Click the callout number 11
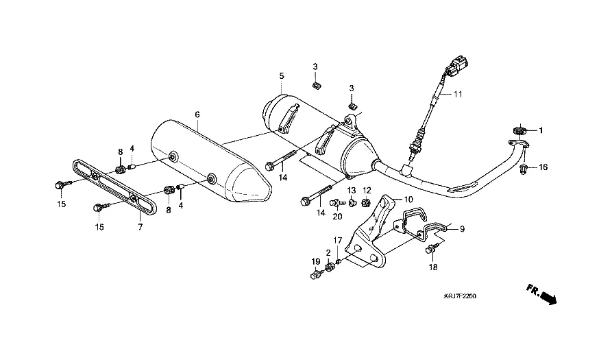pos(458,94)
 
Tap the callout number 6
pos(197,115)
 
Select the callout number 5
pos(281,75)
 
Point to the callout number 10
pos(409,199)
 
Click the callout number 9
pos(461,229)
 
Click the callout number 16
pos(543,167)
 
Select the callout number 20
pos(337,217)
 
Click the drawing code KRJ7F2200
pos(459,296)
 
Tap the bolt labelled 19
pos(316,275)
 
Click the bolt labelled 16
pos(524,168)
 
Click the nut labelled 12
pos(366,204)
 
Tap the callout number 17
pos(337,240)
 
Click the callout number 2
pos(328,252)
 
